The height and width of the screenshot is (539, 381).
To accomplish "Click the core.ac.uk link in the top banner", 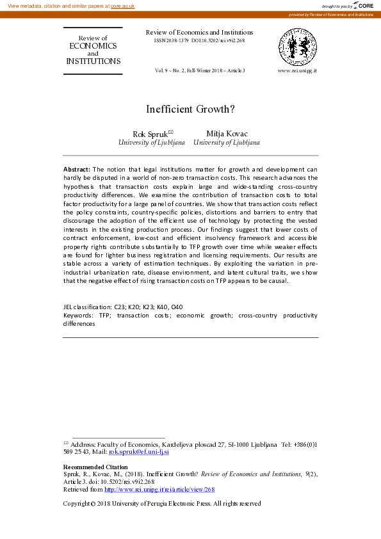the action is (123, 5).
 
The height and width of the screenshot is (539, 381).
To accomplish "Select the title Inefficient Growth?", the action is (190, 108).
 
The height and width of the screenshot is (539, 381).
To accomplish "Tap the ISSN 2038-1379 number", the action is (171, 40).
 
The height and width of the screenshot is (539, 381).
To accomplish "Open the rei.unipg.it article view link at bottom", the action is (163, 488).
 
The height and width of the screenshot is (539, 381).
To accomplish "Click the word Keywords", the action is (79, 316).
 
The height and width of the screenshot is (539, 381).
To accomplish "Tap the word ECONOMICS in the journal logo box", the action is (93, 46).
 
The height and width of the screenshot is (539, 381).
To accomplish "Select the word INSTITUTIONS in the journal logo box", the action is (93, 61).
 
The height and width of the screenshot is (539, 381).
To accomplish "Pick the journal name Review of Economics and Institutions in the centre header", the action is (199, 32).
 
